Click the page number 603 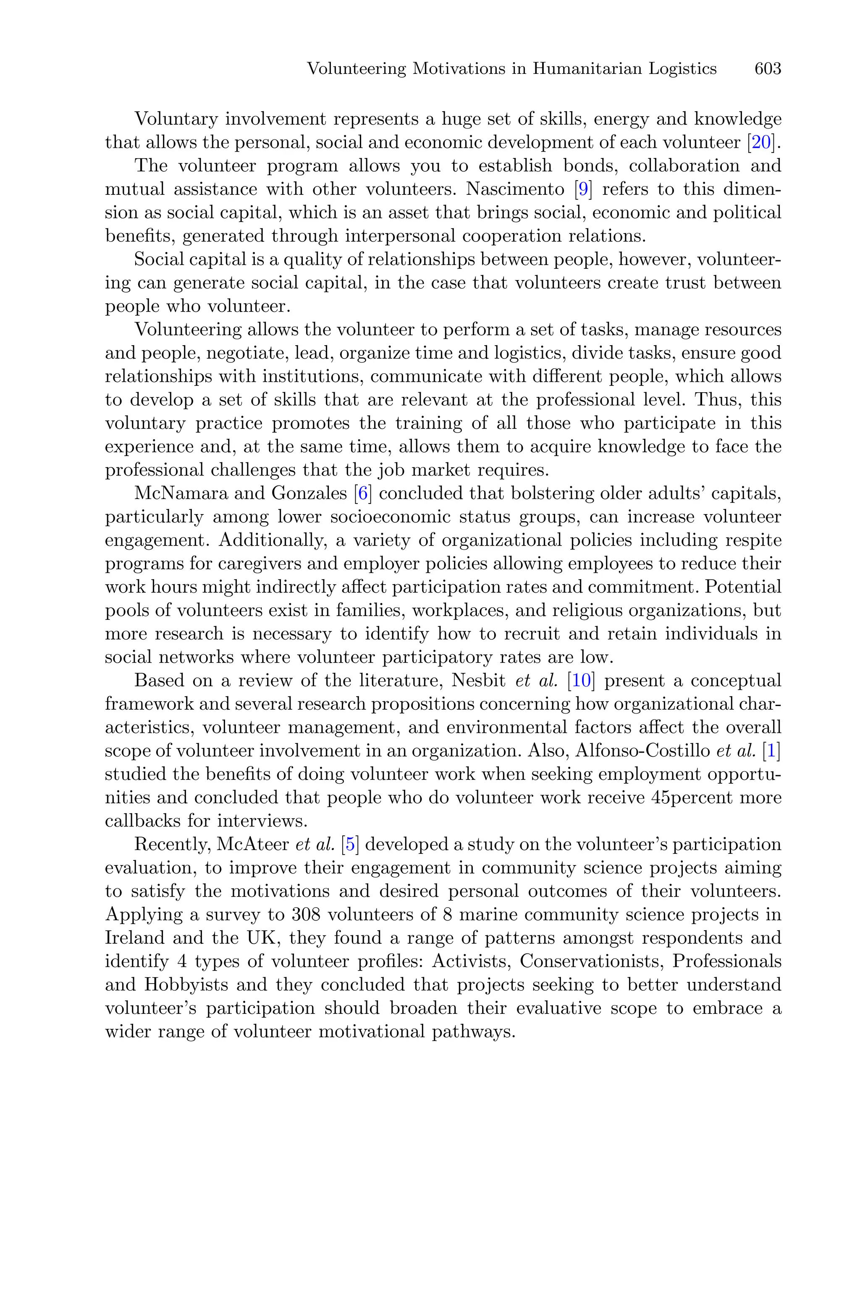click(767, 69)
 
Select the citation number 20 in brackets click(761, 142)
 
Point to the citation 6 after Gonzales click(362, 494)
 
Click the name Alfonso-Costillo click(642, 751)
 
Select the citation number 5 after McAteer click(349, 845)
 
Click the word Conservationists click(591, 962)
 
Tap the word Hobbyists click(186, 985)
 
